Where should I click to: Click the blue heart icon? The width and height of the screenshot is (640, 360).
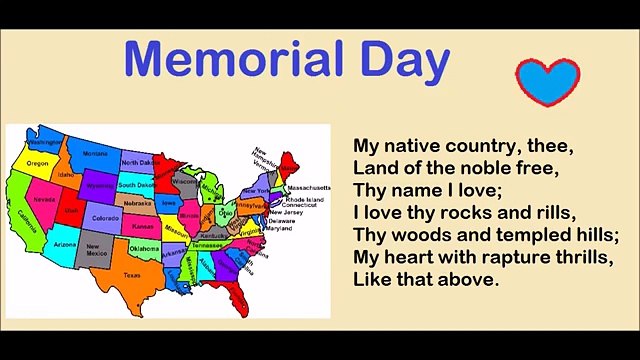click(547, 81)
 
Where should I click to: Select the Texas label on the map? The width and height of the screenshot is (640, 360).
click(131, 274)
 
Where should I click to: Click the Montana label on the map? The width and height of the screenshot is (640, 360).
click(95, 154)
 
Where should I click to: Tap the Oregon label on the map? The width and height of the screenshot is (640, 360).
click(38, 163)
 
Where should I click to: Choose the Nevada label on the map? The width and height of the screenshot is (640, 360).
click(44, 200)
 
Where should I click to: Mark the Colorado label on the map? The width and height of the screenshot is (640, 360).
click(105, 217)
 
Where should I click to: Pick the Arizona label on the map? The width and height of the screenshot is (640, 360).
click(64, 244)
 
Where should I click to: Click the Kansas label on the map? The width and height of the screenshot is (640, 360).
click(143, 227)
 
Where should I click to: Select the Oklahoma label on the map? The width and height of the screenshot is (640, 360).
click(144, 248)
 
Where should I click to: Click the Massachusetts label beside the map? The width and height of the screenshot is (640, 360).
click(309, 187)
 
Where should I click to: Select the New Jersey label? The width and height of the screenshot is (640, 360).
click(289, 212)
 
